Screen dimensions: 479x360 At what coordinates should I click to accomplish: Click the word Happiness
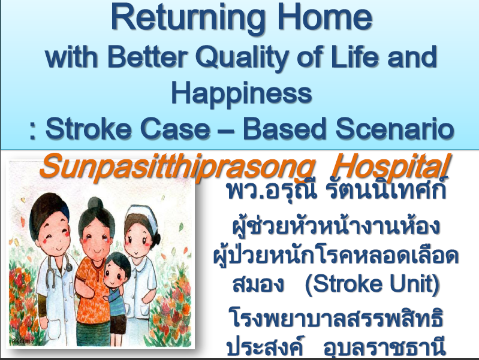(x=242, y=93)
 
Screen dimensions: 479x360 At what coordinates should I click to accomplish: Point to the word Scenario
(x=394, y=128)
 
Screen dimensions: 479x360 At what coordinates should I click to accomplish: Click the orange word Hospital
(x=391, y=167)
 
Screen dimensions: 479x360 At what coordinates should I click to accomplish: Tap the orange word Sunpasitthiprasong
(x=178, y=167)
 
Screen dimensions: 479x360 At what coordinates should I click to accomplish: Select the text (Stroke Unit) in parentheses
(x=372, y=284)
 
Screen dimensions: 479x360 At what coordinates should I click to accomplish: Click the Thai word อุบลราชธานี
(x=385, y=347)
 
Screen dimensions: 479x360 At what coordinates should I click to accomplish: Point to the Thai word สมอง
(x=258, y=284)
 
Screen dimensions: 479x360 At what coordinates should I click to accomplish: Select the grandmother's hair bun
(x=95, y=204)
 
